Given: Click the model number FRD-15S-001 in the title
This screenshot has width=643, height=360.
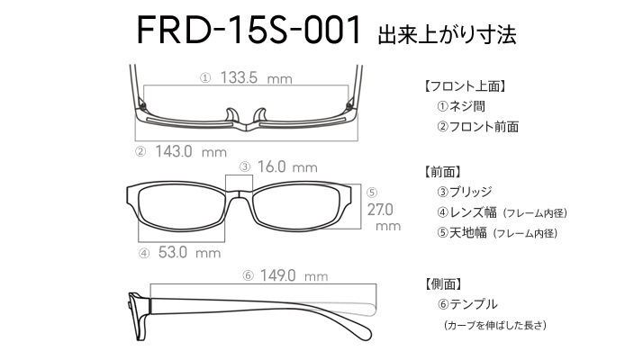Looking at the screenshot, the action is click(249, 30).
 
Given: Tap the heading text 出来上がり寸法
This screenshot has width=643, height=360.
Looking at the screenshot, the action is click(447, 34).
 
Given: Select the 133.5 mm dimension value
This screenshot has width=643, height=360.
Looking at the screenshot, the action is click(256, 77).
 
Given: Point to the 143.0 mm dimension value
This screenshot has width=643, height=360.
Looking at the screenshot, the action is click(191, 152).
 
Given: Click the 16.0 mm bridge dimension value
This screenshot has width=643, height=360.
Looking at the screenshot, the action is click(287, 166).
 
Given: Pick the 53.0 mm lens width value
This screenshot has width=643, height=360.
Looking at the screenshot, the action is click(189, 252).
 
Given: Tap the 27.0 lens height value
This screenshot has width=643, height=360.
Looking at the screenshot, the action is click(380, 210).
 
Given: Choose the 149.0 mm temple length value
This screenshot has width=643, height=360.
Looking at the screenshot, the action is click(294, 275).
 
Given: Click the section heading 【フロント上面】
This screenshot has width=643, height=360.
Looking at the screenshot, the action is click(464, 86).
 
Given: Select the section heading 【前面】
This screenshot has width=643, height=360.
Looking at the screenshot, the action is click(441, 172).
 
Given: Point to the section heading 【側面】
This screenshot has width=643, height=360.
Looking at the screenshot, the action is click(442, 283).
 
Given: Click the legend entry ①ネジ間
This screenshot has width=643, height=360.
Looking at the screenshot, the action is click(461, 106).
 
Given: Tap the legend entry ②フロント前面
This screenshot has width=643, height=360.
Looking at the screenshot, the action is click(477, 127).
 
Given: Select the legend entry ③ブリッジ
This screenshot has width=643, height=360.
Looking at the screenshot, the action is click(464, 192).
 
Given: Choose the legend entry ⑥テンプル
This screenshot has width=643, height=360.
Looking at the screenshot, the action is click(467, 304).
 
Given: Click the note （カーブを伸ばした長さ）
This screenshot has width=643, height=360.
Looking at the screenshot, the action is click(494, 326).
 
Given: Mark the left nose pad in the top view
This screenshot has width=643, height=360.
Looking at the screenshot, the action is click(232, 115).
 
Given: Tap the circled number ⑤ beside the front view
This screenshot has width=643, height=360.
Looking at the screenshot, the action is click(372, 193).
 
